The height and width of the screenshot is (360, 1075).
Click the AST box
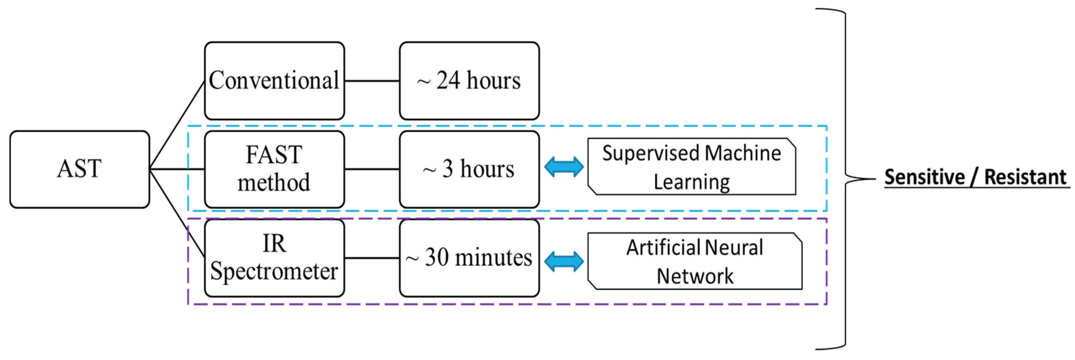tap(79, 169)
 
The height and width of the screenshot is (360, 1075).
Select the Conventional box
tap(274, 81)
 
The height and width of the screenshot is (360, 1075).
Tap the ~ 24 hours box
tap(469, 81)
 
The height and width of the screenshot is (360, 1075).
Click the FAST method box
tap(274, 169)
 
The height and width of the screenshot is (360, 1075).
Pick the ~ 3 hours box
tap(469, 169)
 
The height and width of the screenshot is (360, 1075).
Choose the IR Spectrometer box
tap(274, 257)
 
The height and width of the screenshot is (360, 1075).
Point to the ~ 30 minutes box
tap(469, 257)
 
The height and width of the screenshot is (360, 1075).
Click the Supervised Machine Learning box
tap(691, 167)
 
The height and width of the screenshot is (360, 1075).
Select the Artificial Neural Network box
tap(694, 261)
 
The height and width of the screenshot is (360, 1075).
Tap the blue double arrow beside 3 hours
tap(564, 167)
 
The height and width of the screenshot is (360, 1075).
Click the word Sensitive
tap(924, 177)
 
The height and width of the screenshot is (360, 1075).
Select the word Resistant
tap(1025, 177)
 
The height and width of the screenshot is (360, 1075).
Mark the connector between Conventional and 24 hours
tap(372, 81)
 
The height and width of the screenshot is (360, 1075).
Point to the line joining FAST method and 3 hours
tap(372, 169)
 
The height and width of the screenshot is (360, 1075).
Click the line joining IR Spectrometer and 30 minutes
tap(372, 258)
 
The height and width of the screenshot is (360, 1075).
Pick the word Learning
tap(691, 182)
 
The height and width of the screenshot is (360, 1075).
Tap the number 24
tap(448, 80)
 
